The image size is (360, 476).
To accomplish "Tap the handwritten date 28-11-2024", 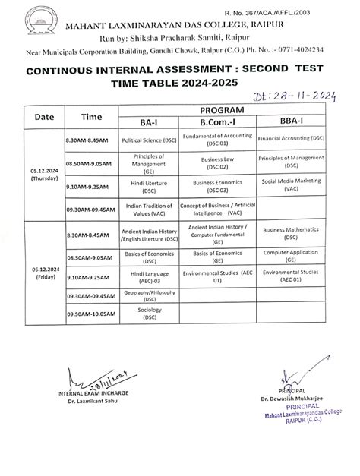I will click(288, 96).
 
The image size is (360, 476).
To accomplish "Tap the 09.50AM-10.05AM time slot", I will click(90, 314).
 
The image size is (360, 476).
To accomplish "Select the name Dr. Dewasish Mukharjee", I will click(290, 400).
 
